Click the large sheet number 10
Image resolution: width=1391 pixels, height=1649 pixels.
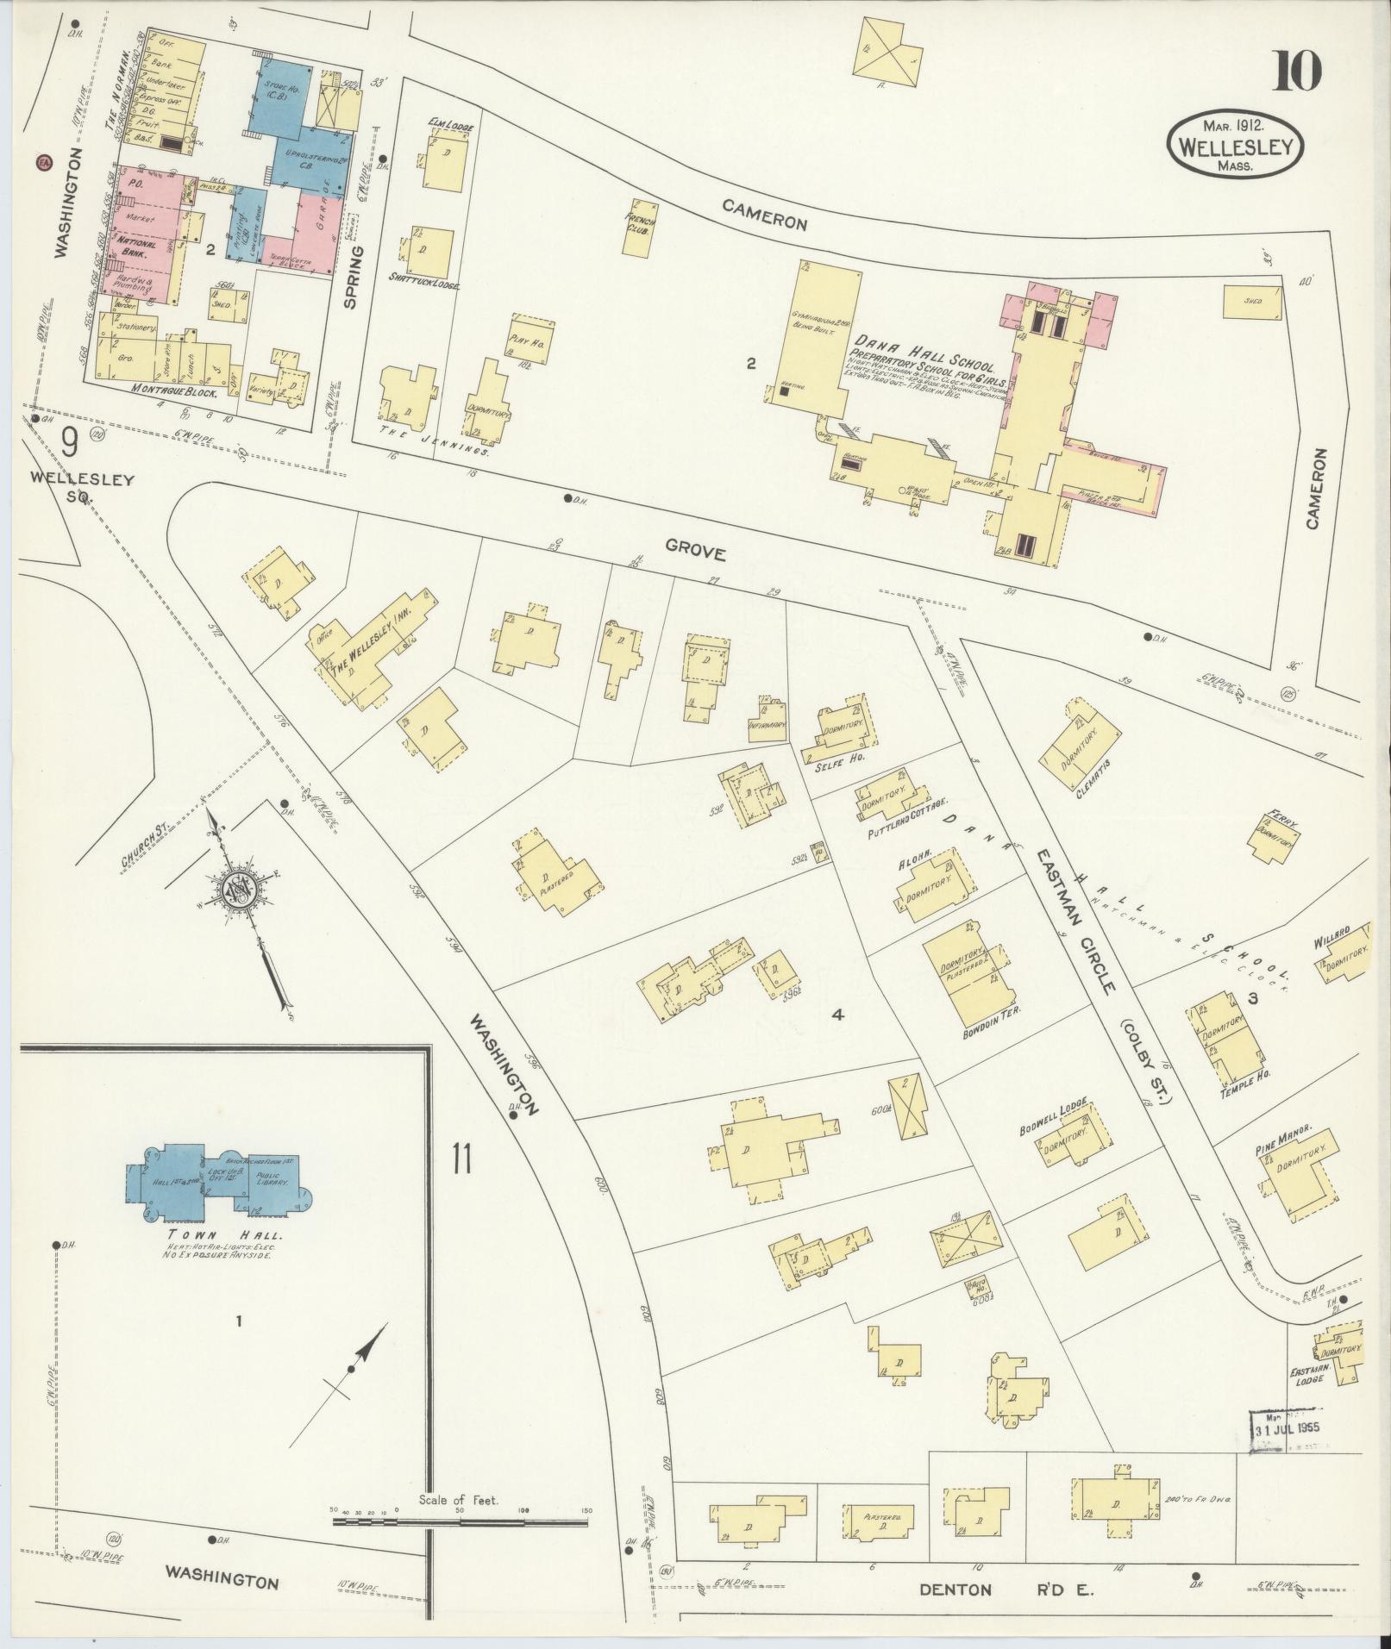tap(1294, 72)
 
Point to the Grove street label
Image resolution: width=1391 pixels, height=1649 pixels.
tap(695, 553)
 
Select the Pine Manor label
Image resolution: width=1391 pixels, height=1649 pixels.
tap(1284, 1131)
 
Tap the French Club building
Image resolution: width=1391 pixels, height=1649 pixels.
tap(640, 234)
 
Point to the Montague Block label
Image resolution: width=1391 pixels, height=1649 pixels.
tap(185, 390)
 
